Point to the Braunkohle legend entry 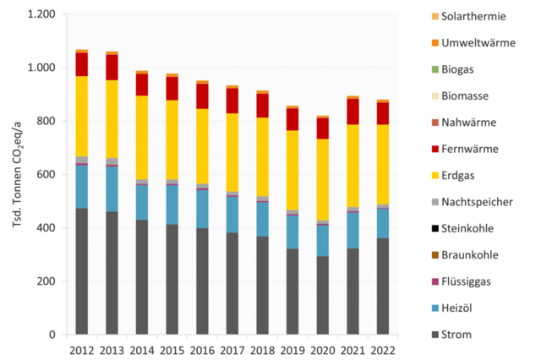pyautogui.click(x=465, y=255)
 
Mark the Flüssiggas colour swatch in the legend pyautogui.click(x=436, y=281)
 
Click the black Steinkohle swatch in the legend pyautogui.click(x=436, y=228)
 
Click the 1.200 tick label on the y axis pyautogui.click(x=41, y=14)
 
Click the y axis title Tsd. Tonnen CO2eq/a pyautogui.click(x=14, y=175)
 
